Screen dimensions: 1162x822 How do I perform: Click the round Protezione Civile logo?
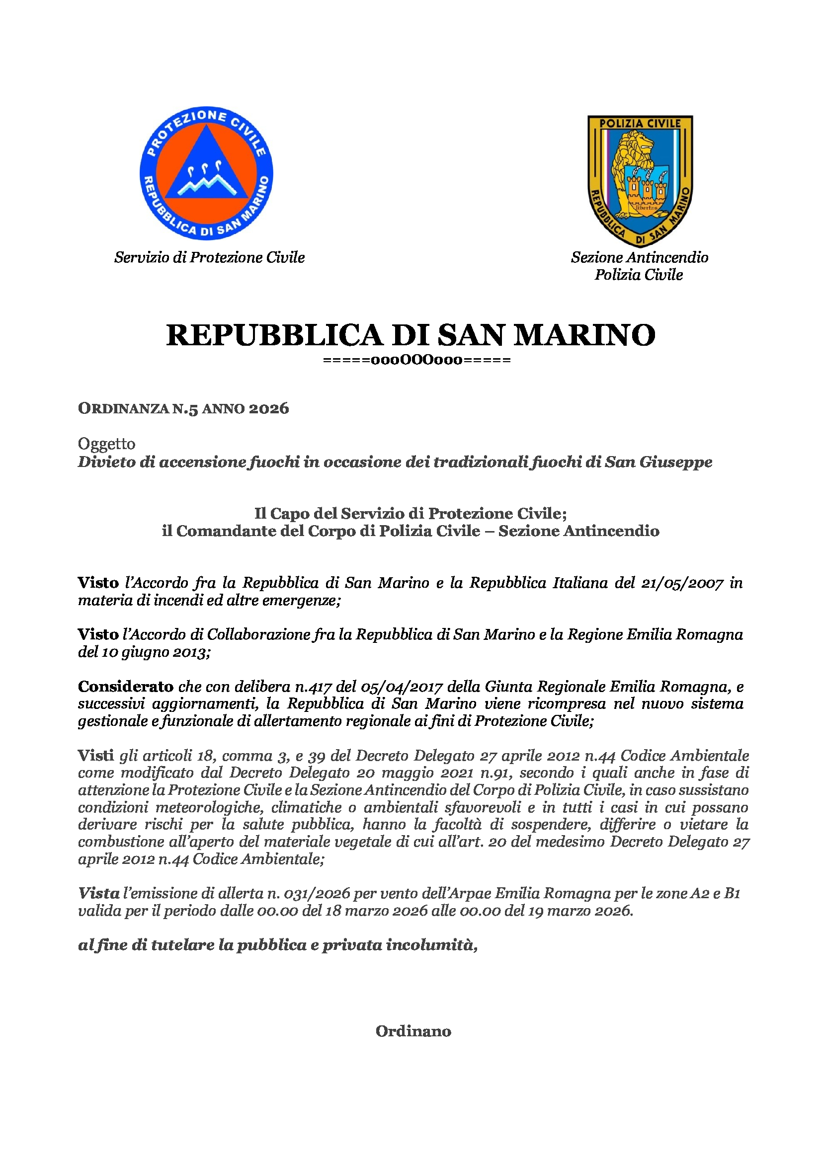tap(206, 173)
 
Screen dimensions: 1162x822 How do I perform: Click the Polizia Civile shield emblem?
tap(640, 180)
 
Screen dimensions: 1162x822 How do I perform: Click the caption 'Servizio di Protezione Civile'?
tap(210, 258)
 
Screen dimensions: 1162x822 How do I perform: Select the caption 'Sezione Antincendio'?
tap(639, 258)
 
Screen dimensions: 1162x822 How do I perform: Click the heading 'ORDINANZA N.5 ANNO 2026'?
tap(183, 408)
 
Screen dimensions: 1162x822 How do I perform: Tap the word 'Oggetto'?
tap(106, 444)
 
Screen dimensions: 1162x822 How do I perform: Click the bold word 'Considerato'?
tap(126, 687)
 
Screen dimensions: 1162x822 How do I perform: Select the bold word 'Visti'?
tap(95, 756)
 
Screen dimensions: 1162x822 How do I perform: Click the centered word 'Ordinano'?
tap(413, 1031)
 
